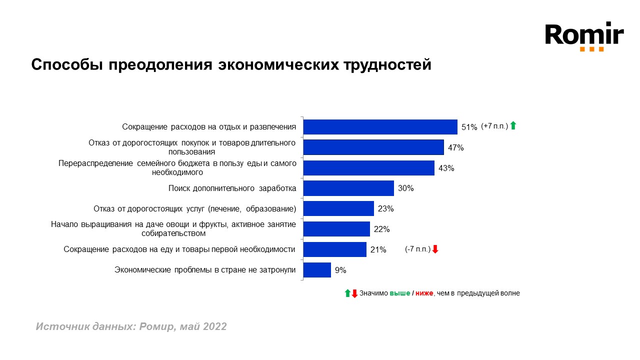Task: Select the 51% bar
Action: (x=380, y=127)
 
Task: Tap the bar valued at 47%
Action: (x=373, y=147)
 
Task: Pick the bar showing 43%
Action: (x=368, y=168)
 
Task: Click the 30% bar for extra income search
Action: (x=348, y=188)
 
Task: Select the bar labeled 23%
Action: (x=338, y=208)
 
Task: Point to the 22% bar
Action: (x=336, y=229)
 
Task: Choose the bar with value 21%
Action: (x=335, y=249)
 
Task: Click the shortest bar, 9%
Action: (x=317, y=270)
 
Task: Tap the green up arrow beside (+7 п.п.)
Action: (x=512, y=126)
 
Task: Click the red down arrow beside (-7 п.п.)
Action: (x=435, y=249)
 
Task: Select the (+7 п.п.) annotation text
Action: (x=494, y=126)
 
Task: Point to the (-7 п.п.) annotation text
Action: (x=417, y=249)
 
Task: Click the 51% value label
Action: (x=469, y=127)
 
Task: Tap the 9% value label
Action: (x=340, y=270)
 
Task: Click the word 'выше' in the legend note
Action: (x=399, y=293)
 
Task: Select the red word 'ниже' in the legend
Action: (x=424, y=293)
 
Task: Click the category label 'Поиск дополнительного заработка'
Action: (x=232, y=188)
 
